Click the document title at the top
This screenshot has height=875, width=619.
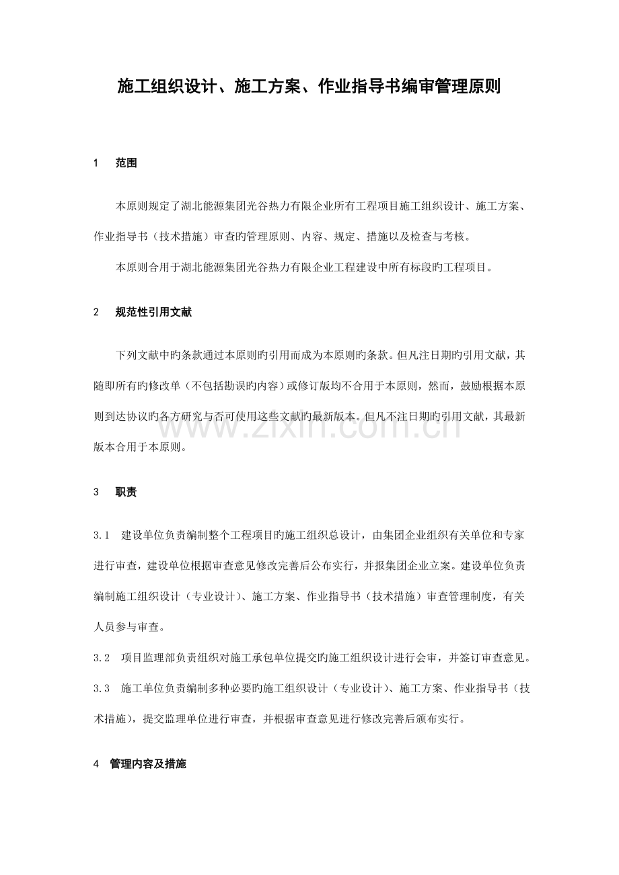(x=309, y=87)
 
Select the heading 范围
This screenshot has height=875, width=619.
(x=126, y=163)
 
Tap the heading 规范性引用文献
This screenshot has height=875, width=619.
(x=154, y=312)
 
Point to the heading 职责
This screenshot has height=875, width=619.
(x=126, y=492)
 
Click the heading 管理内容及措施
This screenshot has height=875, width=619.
(x=148, y=764)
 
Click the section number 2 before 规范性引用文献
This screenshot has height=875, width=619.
(x=96, y=312)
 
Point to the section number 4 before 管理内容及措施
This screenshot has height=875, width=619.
(x=96, y=764)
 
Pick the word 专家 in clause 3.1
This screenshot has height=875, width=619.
(x=514, y=535)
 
